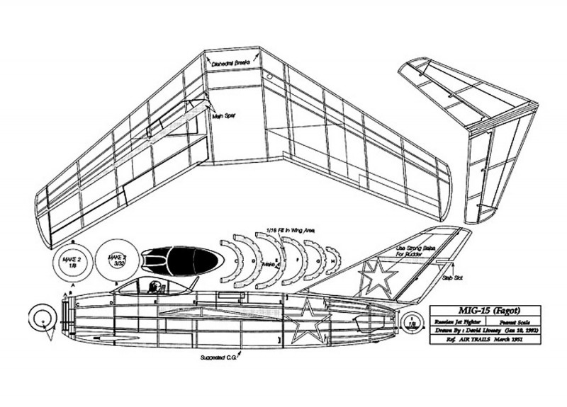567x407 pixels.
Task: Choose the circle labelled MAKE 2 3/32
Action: click(113, 258)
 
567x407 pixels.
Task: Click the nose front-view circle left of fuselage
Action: click(43, 320)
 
